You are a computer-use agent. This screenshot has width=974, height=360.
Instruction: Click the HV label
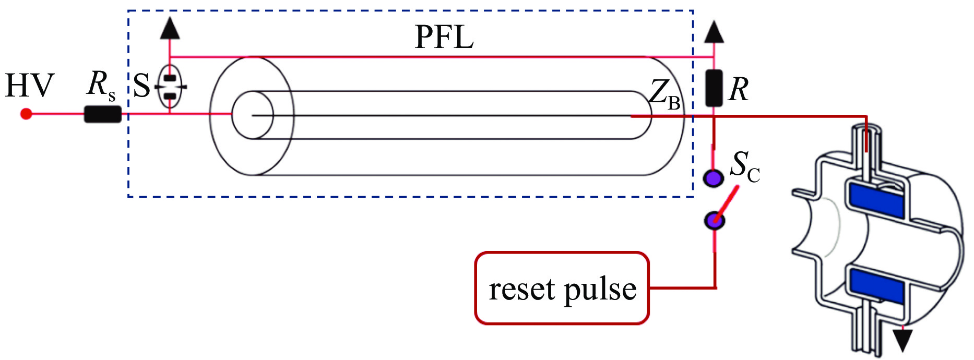pos(29,86)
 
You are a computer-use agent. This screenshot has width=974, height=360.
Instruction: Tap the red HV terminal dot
pos(26,114)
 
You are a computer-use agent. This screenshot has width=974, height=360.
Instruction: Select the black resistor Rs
pos(102,114)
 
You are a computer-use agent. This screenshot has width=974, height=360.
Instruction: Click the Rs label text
pos(101,85)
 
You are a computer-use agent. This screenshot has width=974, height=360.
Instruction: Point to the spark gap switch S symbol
pos(170,87)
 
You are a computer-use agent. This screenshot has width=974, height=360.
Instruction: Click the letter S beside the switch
pos(141,86)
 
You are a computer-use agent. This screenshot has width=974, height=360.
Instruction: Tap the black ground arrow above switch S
pos(170,29)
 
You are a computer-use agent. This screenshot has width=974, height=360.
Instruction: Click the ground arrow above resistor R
pos(714,32)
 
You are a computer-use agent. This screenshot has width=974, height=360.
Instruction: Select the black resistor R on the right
pos(714,88)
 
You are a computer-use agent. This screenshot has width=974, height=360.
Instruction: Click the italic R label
pos(738,89)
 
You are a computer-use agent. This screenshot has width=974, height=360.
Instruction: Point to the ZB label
pos(664,95)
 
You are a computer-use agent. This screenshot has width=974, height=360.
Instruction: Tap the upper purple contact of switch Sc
pos(713,178)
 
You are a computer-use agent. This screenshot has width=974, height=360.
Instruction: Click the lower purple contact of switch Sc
pos(714,221)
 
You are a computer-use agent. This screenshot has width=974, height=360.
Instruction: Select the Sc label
pos(744,166)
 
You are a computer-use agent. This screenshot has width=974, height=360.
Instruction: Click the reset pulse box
pos(562,288)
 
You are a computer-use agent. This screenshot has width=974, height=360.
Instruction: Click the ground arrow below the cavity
pos(902,340)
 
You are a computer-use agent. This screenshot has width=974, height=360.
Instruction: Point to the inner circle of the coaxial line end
pos(252,115)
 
